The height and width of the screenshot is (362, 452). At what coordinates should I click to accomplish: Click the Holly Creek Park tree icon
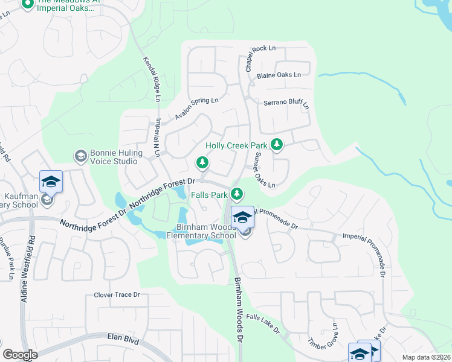pos(277,144)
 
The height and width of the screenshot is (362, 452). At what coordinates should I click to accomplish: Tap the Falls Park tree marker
pos(238,194)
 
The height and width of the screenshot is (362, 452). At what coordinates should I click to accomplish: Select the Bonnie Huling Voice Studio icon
pos(80,157)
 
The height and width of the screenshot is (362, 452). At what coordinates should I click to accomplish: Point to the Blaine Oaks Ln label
pos(279,75)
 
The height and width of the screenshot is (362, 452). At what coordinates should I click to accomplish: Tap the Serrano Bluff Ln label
pos(286,103)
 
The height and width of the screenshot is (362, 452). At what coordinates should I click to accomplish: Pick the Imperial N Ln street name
pos(157,138)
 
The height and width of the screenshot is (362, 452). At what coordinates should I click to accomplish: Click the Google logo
pos(21,355)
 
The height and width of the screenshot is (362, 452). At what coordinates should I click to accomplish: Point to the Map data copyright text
pos(426,357)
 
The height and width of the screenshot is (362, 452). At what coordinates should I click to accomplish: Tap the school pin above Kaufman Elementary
pos(51,180)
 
